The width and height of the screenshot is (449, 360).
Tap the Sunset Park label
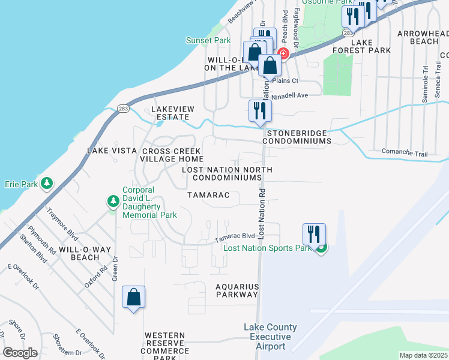(x=208, y=40)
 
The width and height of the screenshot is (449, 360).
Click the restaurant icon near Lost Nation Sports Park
(x=314, y=235)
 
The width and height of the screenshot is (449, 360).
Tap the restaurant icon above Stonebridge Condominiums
(x=260, y=111)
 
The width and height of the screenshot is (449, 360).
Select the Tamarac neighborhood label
(x=208, y=196)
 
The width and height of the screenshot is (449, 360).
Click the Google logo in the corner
(x=20, y=352)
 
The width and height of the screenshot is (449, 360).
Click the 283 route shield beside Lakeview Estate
(x=123, y=109)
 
